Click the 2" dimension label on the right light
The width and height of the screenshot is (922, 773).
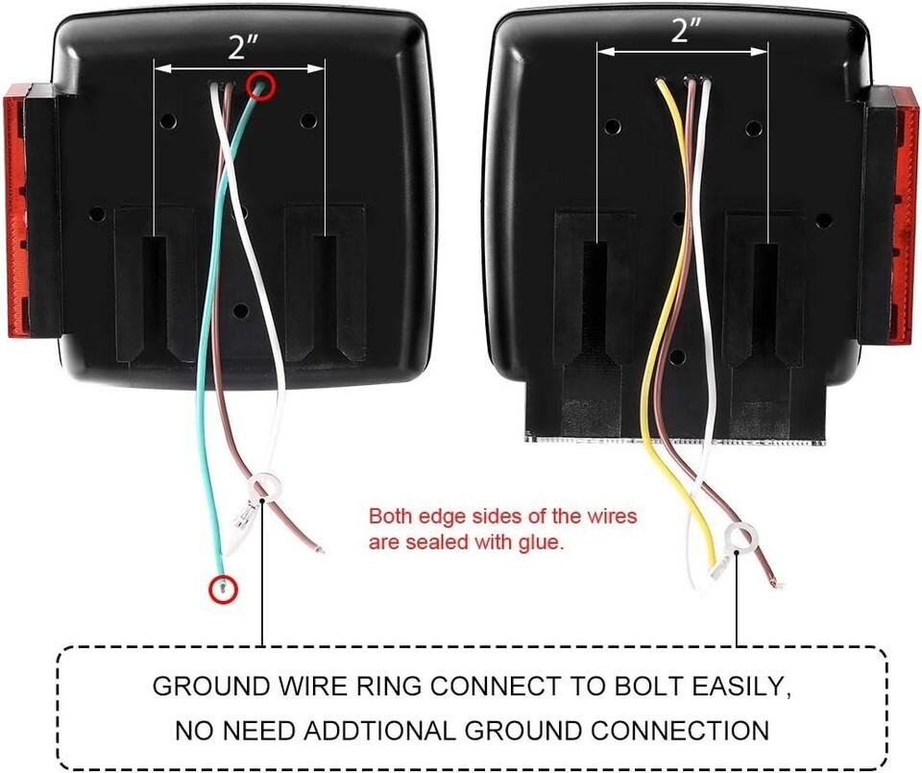(686, 30)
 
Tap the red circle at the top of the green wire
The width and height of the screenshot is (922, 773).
(261, 85)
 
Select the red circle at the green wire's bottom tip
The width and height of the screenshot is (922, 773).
(224, 589)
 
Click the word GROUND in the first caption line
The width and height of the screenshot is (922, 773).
(210, 687)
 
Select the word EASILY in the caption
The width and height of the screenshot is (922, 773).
(741, 687)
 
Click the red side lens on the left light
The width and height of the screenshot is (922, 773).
(20, 210)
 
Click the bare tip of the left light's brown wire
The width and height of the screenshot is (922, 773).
(320, 551)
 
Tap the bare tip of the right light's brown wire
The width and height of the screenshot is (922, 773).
(777, 584)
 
